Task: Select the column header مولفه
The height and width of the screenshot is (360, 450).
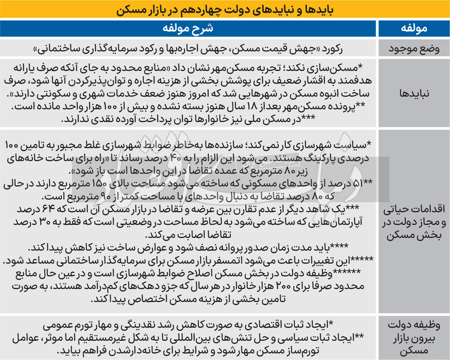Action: point(414,28)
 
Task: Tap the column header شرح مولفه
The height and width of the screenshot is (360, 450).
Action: point(188,28)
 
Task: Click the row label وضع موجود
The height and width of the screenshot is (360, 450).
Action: point(414,48)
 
